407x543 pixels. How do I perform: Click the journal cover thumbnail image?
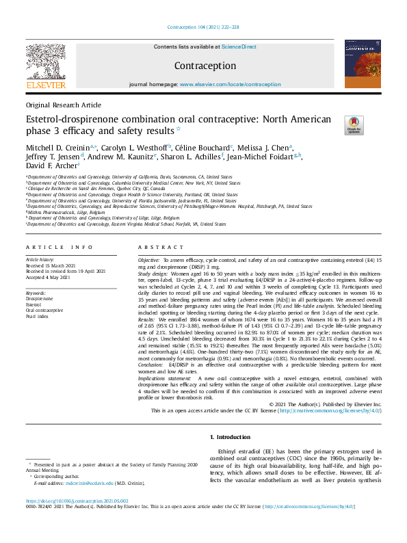pyautogui.click(x=363, y=63)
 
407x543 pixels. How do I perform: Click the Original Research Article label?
pyautogui.click(x=63, y=105)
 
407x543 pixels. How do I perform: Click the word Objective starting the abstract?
pyautogui.click(x=148, y=261)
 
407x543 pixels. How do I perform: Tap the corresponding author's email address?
pyautogui.click(x=92, y=484)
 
